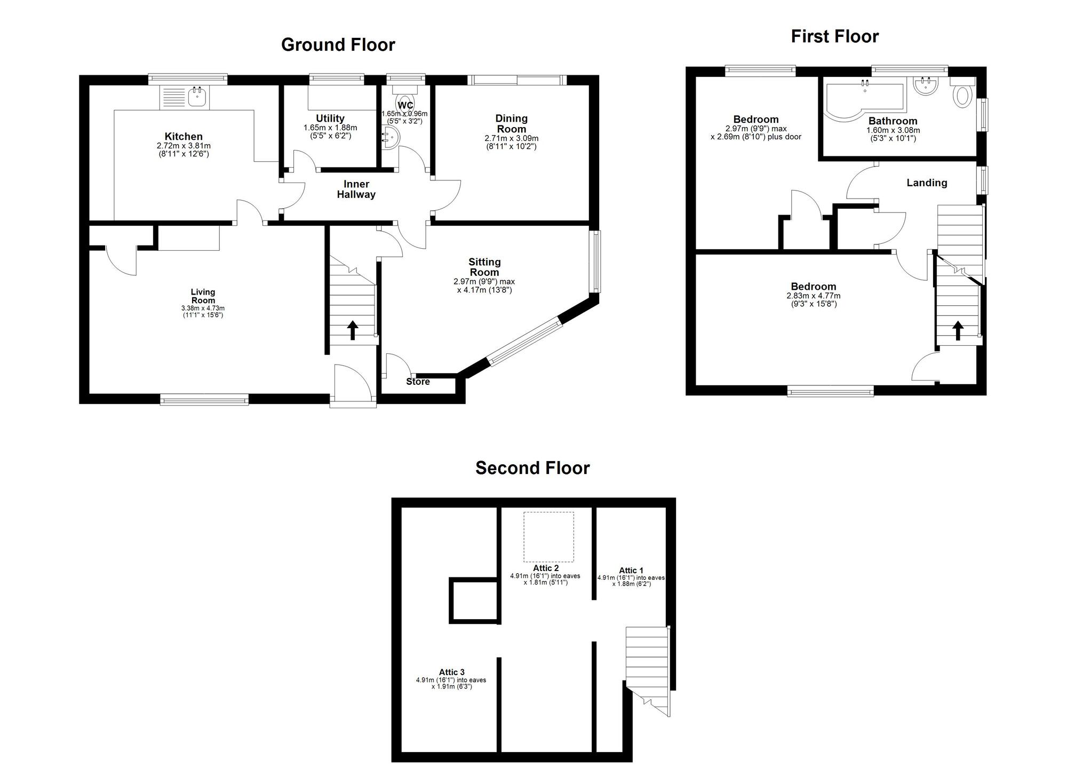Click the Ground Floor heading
(338, 45)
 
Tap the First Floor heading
(834, 36)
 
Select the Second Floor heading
(532, 468)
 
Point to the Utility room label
(330, 118)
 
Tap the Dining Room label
(511, 124)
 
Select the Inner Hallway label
(356, 189)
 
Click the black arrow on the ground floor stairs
(352, 330)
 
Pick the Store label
(418, 382)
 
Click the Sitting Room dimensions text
(484, 286)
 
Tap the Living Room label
(203, 296)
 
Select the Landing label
(927, 183)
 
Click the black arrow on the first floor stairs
(958, 330)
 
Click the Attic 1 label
(631, 571)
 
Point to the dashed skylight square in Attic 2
(548, 537)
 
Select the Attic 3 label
(451, 672)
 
